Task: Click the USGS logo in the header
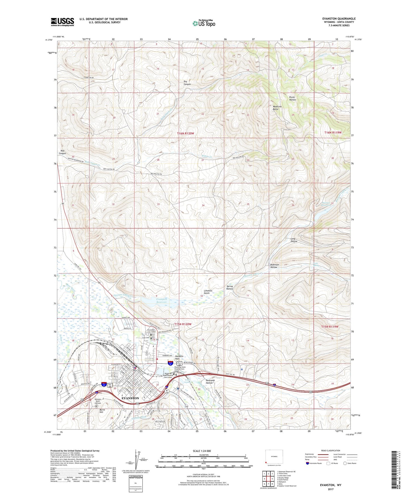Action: pyautogui.click(x=62, y=22)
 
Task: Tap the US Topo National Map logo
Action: pyautogui.click(x=204, y=23)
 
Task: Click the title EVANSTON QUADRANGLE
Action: pyautogui.click(x=339, y=19)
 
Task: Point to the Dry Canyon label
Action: pyautogui.click(x=187, y=83)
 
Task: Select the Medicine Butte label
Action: pyautogui.click(x=277, y=108)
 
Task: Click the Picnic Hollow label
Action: pyautogui.click(x=292, y=98)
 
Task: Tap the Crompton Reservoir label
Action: pyautogui.click(x=162, y=300)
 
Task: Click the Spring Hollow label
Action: pyautogui.click(x=230, y=287)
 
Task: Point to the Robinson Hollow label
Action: pyautogui.click(x=274, y=266)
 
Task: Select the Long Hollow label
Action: pyautogui.click(x=294, y=240)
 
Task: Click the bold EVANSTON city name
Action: pyautogui.click(x=130, y=398)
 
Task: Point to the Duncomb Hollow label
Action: pyautogui.click(x=209, y=382)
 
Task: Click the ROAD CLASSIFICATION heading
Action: pyautogui.click(x=331, y=450)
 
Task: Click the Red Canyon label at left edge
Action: pyautogui.click(x=62, y=152)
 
